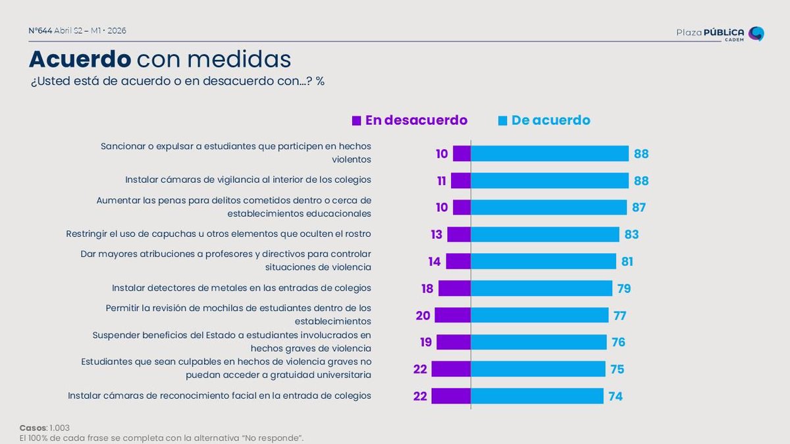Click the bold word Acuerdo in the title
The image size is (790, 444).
point(80,59)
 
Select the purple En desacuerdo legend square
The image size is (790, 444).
point(356,120)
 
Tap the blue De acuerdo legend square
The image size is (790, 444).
point(502,120)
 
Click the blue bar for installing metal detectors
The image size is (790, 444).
point(541,288)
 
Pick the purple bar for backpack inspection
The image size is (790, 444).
point(452,315)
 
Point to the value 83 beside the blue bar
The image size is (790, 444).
point(631,234)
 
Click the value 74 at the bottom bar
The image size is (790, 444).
point(615,396)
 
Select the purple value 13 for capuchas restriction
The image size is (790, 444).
point(436,234)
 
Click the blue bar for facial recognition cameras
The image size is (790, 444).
point(537,396)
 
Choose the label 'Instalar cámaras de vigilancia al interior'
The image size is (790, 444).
point(248,180)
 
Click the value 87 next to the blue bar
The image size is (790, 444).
point(638,207)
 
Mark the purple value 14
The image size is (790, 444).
point(434,261)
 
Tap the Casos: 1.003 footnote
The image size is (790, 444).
point(45,428)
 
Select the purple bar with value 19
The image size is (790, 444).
point(454,342)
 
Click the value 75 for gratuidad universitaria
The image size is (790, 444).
point(617,369)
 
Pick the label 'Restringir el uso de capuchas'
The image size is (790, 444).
point(219,234)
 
